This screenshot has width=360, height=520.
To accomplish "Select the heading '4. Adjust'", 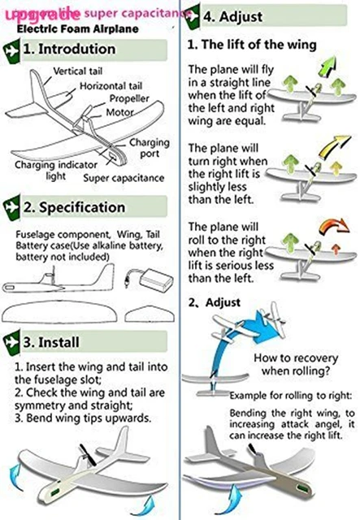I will (x=232, y=15).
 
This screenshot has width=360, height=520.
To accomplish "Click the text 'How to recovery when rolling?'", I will (x=293, y=365).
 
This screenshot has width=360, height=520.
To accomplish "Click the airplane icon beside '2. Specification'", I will (x=11, y=207).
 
